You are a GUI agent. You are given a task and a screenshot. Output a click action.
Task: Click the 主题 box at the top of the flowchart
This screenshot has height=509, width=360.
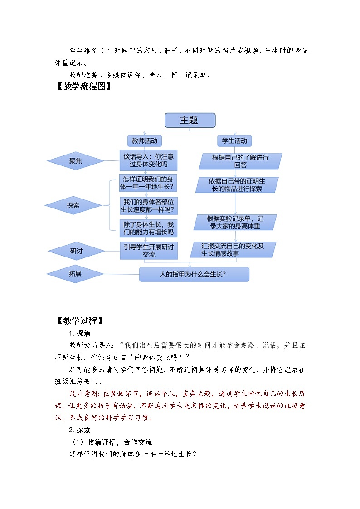coord(190,120)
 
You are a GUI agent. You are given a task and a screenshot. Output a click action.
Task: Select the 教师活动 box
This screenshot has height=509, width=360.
coord(145,141)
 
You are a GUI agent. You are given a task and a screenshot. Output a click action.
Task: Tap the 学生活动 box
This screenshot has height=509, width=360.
coord(234,141)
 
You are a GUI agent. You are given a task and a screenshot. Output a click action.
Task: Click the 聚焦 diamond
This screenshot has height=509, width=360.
coord(76,160)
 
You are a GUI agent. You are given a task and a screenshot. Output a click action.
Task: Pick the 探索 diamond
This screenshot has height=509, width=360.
coord(73,205)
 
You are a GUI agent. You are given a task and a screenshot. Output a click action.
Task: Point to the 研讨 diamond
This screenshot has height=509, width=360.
coord(76,251)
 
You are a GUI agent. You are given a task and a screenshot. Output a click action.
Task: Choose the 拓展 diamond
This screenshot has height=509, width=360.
coord(75,274)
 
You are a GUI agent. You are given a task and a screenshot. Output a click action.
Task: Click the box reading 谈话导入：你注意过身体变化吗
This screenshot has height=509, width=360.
coord(148,160)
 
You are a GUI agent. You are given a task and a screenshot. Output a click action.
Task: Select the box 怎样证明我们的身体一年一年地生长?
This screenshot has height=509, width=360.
coord(148,183)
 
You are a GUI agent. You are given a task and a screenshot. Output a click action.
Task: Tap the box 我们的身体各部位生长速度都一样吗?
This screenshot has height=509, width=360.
coord(148,205)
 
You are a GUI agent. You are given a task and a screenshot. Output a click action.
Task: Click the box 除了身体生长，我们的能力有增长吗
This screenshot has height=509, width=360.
coord(148,228)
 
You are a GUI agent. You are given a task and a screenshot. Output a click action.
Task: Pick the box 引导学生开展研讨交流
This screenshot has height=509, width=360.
coord(148,250)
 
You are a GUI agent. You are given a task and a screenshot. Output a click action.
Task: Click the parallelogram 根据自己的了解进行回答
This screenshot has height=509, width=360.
coord(240,161)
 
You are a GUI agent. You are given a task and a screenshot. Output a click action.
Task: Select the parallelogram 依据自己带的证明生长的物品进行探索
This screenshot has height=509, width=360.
coord(235,184)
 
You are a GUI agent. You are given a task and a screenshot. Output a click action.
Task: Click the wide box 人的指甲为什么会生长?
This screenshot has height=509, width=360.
coord(194,274)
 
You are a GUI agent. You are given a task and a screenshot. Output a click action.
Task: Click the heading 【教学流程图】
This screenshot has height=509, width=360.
coord(83,87)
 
